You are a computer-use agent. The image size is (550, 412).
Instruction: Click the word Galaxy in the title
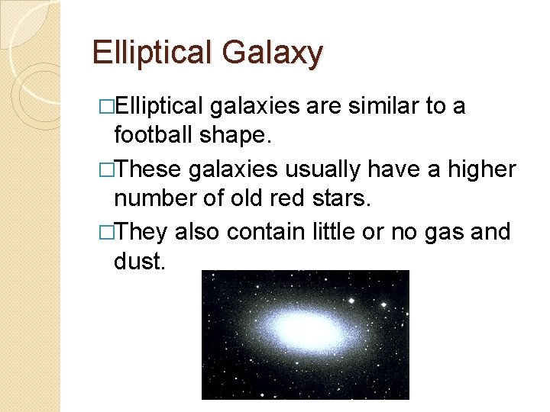point(273,53)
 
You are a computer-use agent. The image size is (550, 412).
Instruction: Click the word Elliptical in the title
point(153,53)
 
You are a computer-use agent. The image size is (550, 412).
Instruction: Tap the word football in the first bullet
point(154,135)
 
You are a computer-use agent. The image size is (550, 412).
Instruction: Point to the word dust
point(138,262)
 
